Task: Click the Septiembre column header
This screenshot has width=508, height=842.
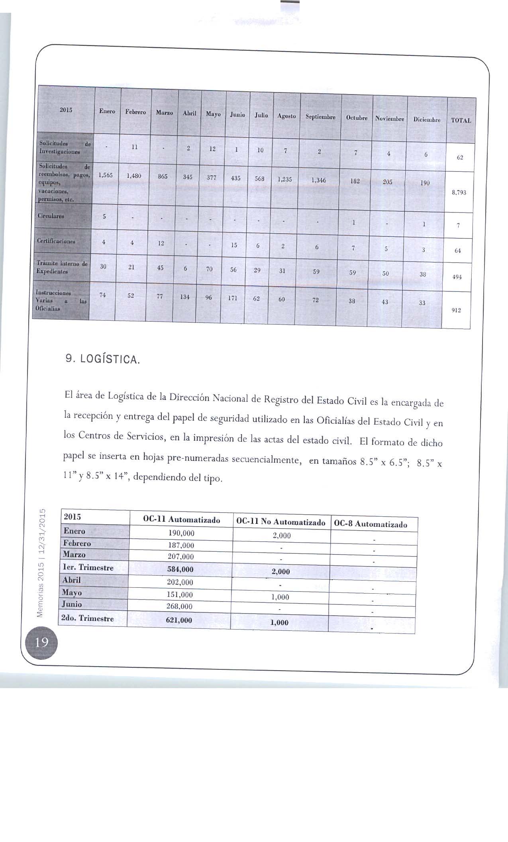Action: tap(320, 117)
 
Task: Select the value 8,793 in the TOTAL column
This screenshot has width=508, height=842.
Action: tap(459, 193)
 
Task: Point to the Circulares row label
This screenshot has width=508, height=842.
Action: tap(51, 216)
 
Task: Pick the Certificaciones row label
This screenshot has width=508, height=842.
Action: tap(56, 241)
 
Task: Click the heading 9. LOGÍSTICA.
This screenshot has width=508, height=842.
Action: tap(103, 360)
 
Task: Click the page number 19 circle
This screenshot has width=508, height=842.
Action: tap(42, 642)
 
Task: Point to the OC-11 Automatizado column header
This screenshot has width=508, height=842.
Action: tap(181, 520)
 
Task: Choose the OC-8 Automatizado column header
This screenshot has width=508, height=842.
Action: tap(371, 524)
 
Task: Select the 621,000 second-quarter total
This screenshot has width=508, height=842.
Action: tap(178, 620)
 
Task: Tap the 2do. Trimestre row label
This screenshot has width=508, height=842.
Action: tap(87, 618)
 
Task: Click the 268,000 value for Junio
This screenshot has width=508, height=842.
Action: tap(180, 606)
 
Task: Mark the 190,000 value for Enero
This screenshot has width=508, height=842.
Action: tap(181, 533)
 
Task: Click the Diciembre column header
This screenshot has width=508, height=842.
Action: tap(427, 120)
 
